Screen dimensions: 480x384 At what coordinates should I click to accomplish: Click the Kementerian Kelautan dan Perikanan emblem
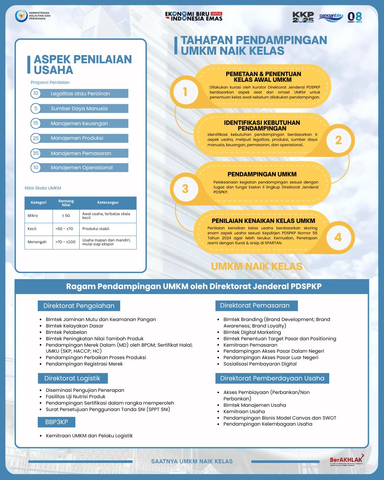click(x=21, y=16)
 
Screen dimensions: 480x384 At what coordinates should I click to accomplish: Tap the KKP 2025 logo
click(x=303, y=17)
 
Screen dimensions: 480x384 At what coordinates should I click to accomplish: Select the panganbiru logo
click(x=331, y=17)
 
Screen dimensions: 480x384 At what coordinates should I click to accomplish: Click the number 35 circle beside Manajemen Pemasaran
click(x=36, y=153)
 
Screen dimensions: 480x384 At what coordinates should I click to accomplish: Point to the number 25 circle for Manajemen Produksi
click(x=36, y=138)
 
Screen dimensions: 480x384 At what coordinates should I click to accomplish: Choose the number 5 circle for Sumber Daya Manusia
click(x=36, y=108)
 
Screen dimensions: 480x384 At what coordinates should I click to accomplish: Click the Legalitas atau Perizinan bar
click(x=84, y=94)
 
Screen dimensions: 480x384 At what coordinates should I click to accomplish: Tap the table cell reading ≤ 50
click(x=66, y=216)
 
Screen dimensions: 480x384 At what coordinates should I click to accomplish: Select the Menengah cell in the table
click(x=37, y=242)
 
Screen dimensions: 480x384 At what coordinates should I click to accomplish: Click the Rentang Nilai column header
click(x=66, y=203)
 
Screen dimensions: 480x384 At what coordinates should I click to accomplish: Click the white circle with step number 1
click(x=185, y=92)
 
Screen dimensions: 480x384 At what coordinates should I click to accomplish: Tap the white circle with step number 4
click(x=338, y=237)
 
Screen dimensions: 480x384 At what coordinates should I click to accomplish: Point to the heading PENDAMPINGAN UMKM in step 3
click(x=262, y=174)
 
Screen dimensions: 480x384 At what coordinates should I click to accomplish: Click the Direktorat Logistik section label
click(x=73, y=378)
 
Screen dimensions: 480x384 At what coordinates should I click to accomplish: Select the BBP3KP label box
click(x=57, y=422)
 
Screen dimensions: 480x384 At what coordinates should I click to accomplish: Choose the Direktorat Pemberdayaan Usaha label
click(x=272, y=378)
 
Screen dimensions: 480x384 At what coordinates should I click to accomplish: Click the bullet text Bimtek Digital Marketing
click(x=252, y=332)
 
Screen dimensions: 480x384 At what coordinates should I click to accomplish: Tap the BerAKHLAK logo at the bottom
click(x=346, y=460)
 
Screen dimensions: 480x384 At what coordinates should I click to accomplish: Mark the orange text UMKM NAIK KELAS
click(x=256, y=266)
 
